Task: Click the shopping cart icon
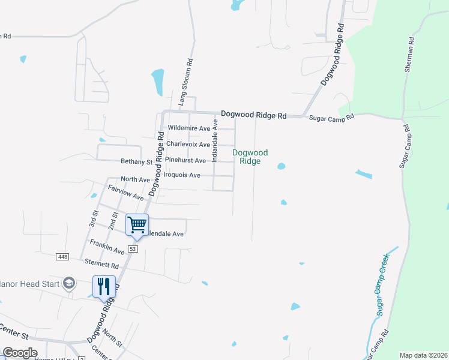pos(137,225)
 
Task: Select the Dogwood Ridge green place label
pos(250,157)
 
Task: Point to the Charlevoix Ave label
pos(188,145)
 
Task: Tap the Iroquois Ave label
pos(182,175)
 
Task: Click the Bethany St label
pos(136,161)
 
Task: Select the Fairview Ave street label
pos(125,193)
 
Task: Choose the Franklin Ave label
pos(107,246)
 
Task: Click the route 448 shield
pos(62,257)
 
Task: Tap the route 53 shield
pos(133,248)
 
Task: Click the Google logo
pos(20,353)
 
